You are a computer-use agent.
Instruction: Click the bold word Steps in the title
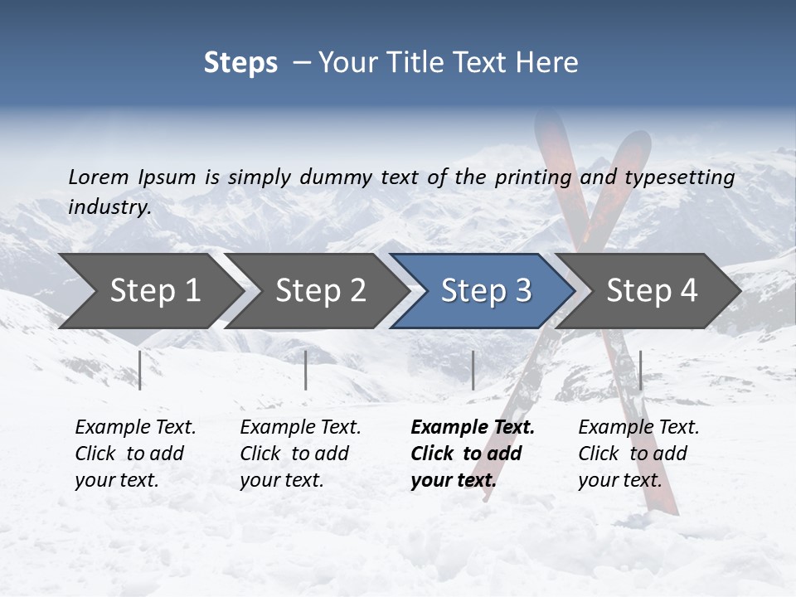pos(240,63)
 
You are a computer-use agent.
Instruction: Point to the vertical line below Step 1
pos(140,370)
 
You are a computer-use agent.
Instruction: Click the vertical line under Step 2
pos(306,370)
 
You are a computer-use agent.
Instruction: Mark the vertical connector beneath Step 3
pos(473,370)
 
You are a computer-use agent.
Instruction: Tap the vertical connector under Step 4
pos(640,370)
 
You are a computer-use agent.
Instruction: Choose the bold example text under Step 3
pos(472,454)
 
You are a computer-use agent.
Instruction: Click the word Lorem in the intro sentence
pos(99,177)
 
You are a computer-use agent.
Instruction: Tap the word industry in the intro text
pos(109,207)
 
